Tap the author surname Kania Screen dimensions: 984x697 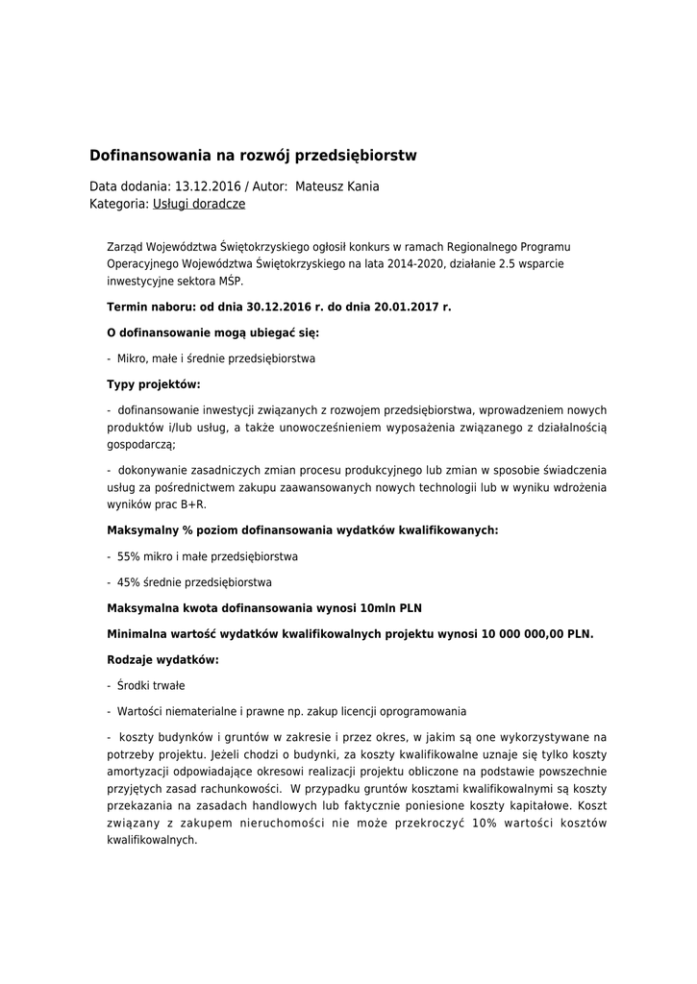[361, 186]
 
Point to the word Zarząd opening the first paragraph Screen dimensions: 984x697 [125, 247]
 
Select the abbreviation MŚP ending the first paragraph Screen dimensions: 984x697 [231, 282]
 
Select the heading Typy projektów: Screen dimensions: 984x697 [153, 384]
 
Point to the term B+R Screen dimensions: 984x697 [193, 504]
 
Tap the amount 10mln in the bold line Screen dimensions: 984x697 [378, 608]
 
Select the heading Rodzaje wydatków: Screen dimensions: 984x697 [162, 660]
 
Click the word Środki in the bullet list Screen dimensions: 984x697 [136, 686]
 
